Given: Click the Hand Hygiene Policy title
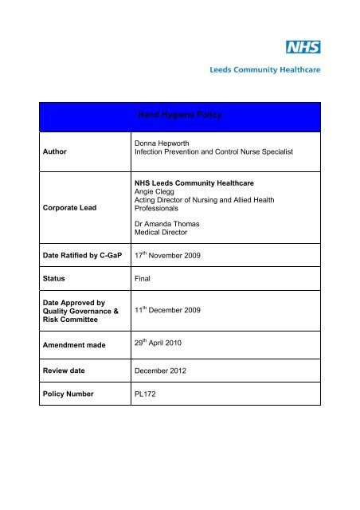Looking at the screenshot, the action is point(179,116).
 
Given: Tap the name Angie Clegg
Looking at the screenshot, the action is point(158,192).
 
